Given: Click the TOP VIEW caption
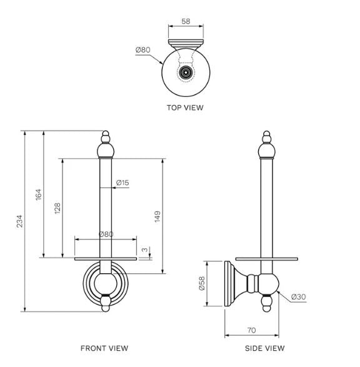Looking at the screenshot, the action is tap(185, 108).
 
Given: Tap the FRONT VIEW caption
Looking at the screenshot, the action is tap(104, 348).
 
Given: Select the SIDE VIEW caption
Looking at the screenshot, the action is tap(265, 348).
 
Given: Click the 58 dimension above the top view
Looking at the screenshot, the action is tap(186, 21).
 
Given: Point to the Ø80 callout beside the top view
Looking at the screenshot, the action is tap(142, 50).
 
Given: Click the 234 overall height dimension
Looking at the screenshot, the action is tap(19, 221).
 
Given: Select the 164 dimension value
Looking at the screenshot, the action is tap(38, 194).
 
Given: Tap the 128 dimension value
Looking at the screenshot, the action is tap(57, 208).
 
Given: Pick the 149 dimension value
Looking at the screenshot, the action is tap(157, 216).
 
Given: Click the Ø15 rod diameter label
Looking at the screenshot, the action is tap(122, 183).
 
